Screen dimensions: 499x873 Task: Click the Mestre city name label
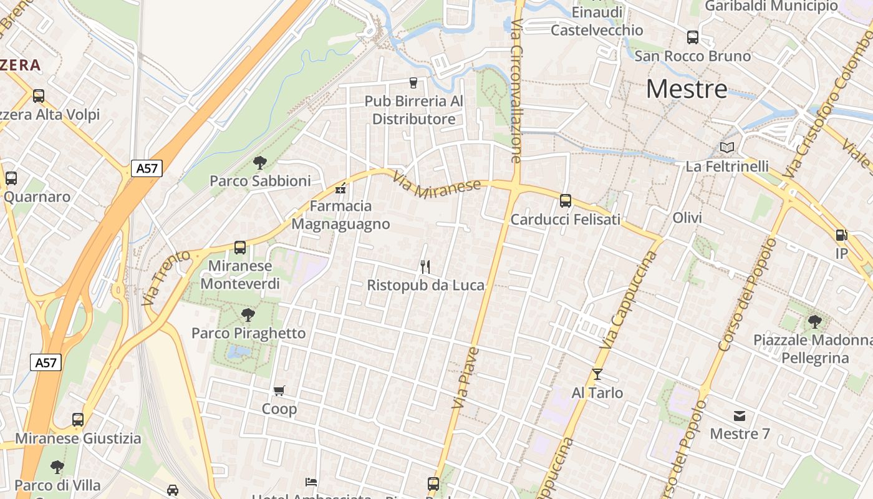pos(687,89)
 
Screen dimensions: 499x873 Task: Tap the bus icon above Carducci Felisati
pos(566,201)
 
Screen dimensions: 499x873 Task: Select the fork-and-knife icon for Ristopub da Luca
pos(425,267)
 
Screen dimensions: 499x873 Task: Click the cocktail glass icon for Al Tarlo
pos(597,374)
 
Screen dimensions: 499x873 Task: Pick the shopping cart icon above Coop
pos(279,390)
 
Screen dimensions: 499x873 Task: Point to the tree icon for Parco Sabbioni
pos(260,163)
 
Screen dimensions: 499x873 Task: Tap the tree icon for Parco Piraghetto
pos(248,315)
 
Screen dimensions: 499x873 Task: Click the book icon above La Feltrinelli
pos(727,148)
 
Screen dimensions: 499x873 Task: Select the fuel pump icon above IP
pos(841,235)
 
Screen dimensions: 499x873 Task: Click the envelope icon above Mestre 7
pos(740,415)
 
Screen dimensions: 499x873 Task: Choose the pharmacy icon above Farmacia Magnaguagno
pos(340,188)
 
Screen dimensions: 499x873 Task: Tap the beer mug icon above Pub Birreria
pos(413,82)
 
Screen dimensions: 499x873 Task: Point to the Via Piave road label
pos(465,378)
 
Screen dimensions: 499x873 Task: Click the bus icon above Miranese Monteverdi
pos(240,248)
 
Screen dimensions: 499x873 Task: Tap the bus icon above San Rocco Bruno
pos(693,37)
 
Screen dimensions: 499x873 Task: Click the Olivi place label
pos(687,218)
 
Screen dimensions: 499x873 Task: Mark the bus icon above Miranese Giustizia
pos(78,420)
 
